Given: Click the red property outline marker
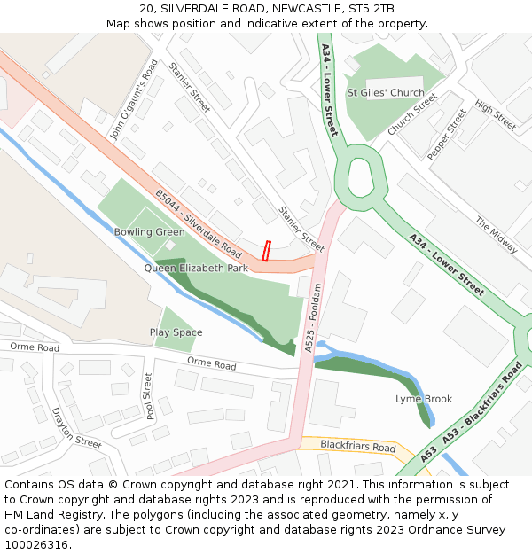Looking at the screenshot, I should pyautogui.click(x=266, y=251).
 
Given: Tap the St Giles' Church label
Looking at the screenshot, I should pyautogui.click(x=386, y=93).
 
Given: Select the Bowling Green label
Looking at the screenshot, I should pyautogui.click(x=149, y=232).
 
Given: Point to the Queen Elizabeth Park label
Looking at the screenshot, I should pyautogui.click(x=196, y=268).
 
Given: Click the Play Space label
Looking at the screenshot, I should pyautogui.click(x=176, y=332).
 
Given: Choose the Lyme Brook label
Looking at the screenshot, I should pyautogui.click(x=424, y=399).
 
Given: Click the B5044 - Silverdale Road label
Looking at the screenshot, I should pyautogui.click(x=199, y=222).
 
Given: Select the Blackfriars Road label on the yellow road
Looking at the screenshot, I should pyautogui.click(x=357, y=447).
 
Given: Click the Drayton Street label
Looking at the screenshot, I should pyautogui.click(x=76, y=427).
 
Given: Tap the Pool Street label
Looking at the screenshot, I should pyautogui.click(x=149, y=395).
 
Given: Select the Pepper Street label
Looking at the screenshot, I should pyautogui.click(x=446, y=135).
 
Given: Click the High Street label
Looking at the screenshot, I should pyautogui.click(x=495, y=115).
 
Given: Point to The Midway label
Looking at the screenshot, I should pyautogui.click(x=496, y=235).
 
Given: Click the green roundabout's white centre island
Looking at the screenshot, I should pyautogui.click(x=360, y=177).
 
